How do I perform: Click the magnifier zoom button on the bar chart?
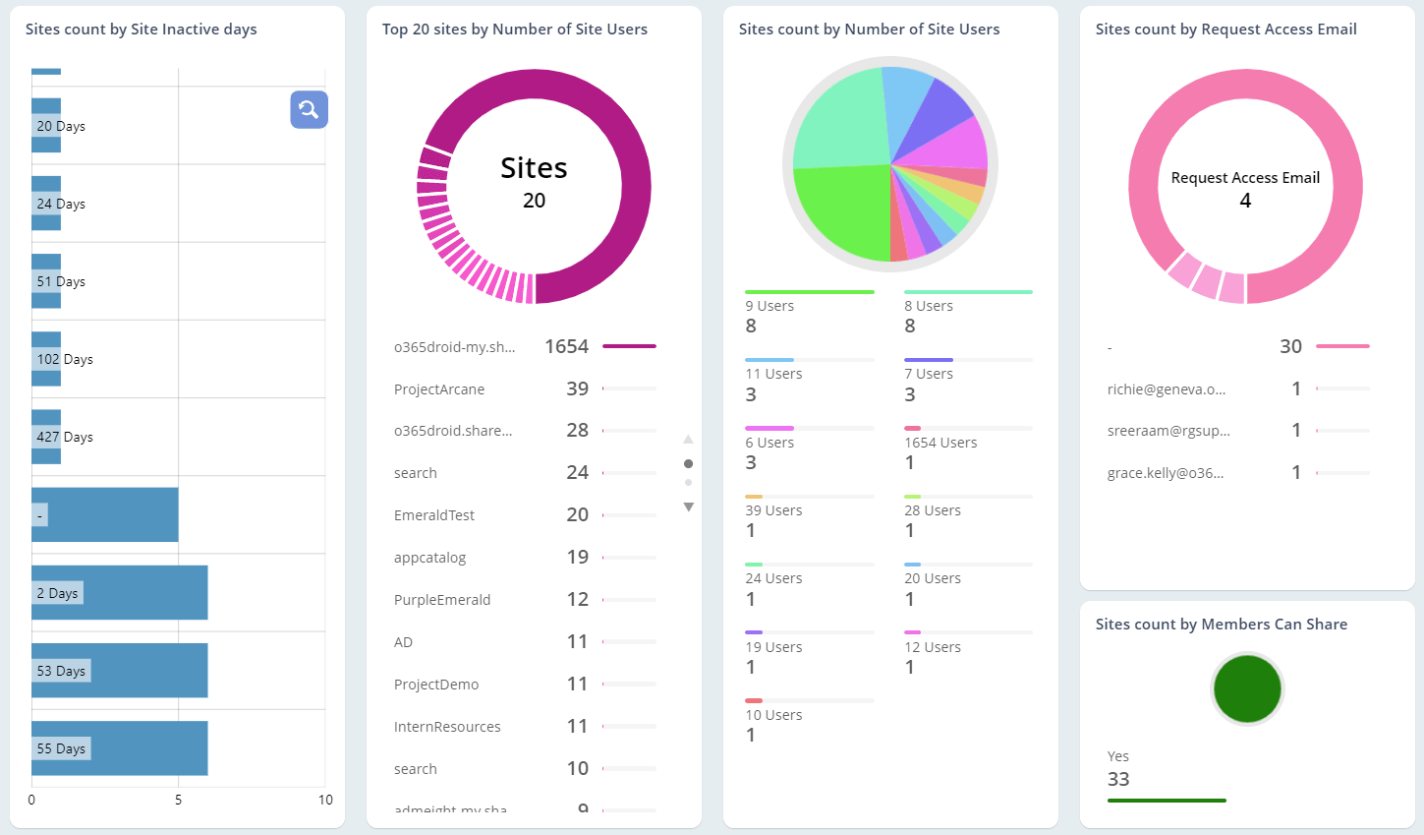point(309,109)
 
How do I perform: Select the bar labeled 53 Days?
point(119,671)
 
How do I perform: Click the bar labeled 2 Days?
point(119,593)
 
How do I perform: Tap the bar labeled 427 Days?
point(46,437)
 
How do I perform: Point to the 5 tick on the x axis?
point(178,800)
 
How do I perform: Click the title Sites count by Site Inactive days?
point(141,30)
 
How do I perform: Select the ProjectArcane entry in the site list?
point(439,389)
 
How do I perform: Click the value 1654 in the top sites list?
point(566,346)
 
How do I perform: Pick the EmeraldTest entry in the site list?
point(433,515)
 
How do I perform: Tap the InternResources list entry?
point(447,727)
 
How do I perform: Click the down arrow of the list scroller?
point(688,507)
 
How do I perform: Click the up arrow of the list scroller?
point(688,439)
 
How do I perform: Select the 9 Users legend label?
point(769,306)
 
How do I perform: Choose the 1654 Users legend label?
point(940,443)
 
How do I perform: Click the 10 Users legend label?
point(773,715)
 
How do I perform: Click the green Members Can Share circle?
point(1247,688)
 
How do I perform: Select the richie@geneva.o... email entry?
point(1167,389)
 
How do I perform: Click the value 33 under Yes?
point(1118,779)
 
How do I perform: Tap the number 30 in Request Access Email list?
point(1290,346)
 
